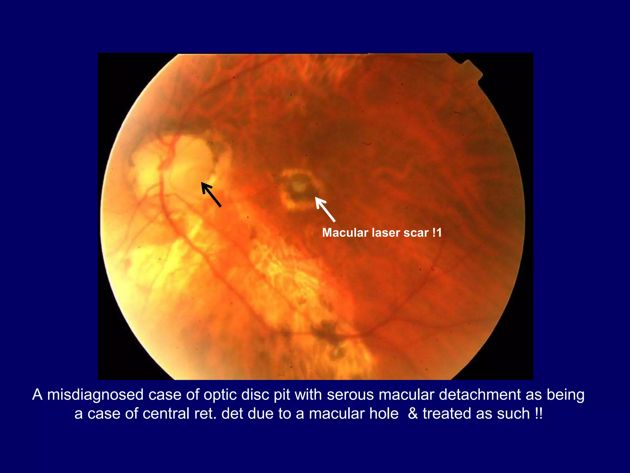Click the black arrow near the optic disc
[x=211, y=194]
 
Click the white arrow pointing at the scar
[x=325, y=209]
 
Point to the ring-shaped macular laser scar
[x=301, y=189]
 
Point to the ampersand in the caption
[x=413, y=413]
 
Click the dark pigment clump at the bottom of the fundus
[x=326, y=331]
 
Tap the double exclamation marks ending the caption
[x=538, y=413]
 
